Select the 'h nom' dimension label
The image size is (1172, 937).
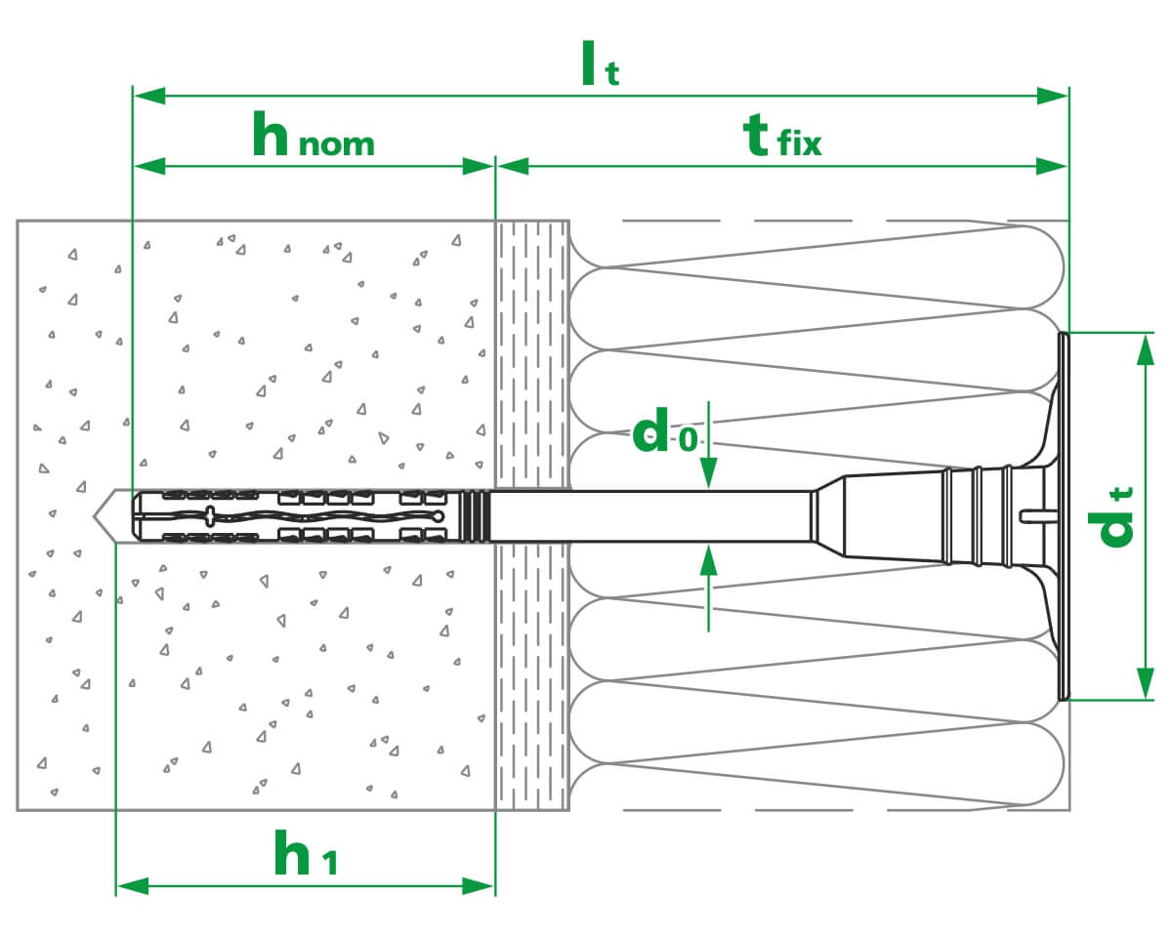pyautogui.click(x=314, y=134)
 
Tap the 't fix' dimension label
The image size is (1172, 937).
pyautogui.click(x=782, y=136)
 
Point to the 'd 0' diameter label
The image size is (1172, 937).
pyautogui.click(x=665, y=430)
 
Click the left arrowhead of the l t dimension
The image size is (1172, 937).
pyautogui.click(x=149, y=96)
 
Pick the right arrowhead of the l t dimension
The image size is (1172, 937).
pyautogui.click(x=1052, y=96)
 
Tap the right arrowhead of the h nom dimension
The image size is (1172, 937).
pyautogui.click(x=478, y=166)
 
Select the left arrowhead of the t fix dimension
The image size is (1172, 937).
pyautogui.click(x=513, y=166)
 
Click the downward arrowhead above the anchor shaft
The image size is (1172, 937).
pyautogui.click(x=708, y=472)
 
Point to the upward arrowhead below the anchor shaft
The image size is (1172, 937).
pyautogui.click(x=708, y=560)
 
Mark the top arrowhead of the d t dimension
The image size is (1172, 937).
pyautogui.click(x=1146, y=350)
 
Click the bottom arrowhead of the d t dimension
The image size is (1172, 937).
pyautogui.click(x=1146, y=683)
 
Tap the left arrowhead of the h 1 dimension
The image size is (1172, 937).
pyautogui.click(x=133, y=886)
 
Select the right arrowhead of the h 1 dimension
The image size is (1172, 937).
pyautogui.click(x=478, y=886)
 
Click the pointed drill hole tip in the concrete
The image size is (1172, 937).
pyautogui.click(x=94, y=515)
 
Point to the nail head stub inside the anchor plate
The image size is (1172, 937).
pyautogui.click(x=1038, y=515)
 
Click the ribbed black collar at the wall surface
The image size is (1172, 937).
pyautogui.click(x=475, y=516)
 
